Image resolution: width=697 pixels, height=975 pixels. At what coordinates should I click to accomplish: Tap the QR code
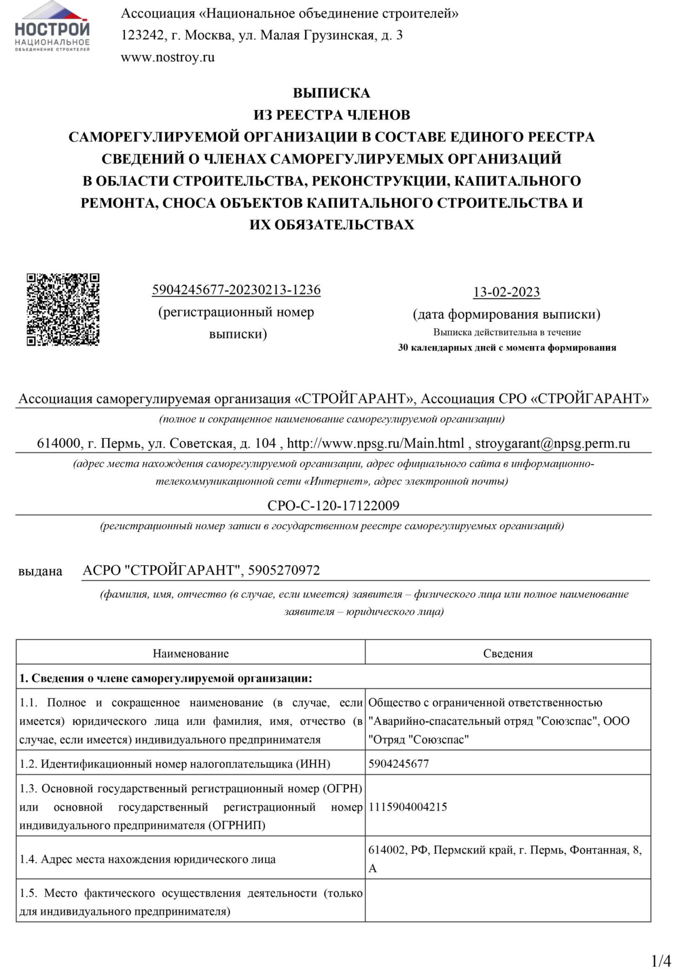(63, 310)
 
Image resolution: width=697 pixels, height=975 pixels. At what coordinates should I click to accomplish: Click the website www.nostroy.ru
(168, 58)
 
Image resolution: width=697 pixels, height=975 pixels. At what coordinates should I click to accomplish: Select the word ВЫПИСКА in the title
(331, 93)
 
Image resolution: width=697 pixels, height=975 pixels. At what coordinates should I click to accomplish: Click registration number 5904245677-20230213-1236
(236, 290)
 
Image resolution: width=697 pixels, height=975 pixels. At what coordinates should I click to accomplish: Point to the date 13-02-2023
(506, 292)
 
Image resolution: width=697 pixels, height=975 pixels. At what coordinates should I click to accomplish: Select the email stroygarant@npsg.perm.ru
(552, 443)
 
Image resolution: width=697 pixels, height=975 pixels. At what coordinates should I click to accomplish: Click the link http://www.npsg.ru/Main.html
(375, 443)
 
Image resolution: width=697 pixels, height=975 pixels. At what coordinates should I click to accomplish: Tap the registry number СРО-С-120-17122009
(333, 505)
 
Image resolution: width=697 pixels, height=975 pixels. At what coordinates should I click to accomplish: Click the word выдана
(40, 571)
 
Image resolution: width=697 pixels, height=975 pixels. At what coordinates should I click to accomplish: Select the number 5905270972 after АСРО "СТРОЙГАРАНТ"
(284, 570)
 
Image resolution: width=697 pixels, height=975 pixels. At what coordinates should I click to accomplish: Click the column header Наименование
(191, 654)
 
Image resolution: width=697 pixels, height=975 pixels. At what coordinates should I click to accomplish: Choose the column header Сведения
(508, 654)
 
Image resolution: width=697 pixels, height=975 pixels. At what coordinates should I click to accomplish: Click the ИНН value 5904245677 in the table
(398, 764)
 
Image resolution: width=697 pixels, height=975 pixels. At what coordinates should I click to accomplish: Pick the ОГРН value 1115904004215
(408, 806)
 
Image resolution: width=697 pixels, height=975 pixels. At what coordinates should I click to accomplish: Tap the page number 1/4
(661, 960)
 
